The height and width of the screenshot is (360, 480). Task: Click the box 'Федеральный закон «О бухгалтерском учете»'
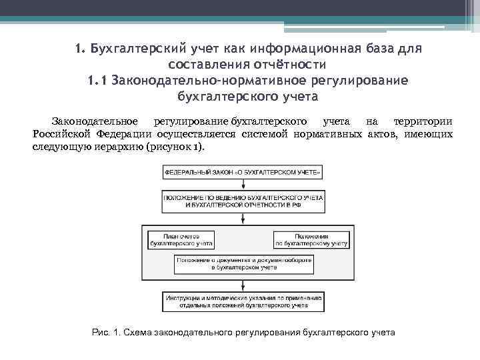click(243, 173)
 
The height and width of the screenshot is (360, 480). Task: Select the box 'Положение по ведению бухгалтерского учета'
click(243, 203)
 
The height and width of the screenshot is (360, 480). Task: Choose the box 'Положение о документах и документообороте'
click(243, 263)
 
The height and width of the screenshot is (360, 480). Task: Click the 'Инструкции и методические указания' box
click(243, 301)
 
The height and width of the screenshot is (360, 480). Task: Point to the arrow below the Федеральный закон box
click(243, 185)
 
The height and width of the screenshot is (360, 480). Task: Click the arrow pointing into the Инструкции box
click(243, 287)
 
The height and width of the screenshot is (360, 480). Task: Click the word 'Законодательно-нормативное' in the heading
click(209, 81)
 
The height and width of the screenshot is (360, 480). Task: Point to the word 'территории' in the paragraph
click(423, 122)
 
